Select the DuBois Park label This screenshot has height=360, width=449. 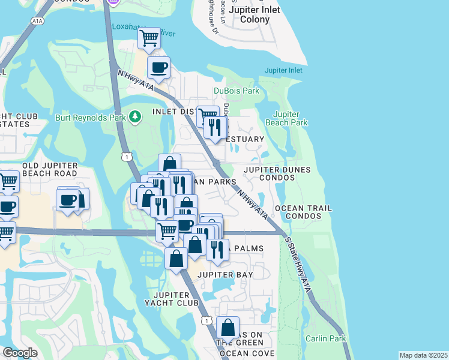(237, 91)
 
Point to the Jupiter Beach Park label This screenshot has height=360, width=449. (290, 118)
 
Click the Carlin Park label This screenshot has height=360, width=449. (325, 338)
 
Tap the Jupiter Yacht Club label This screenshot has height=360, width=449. (176, 299)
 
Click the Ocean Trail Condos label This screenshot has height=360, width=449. (303, 212)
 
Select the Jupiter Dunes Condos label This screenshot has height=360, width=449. (277, 174)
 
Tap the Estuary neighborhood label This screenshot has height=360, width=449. (245, 139)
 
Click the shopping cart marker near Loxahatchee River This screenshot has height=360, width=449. (149, 38)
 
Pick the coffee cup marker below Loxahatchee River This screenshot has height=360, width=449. (158, 68)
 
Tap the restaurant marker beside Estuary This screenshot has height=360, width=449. (215, 127)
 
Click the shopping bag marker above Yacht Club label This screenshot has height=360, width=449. (176, 259)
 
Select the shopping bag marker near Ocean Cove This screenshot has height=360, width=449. (228, 328)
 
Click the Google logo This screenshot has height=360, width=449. (19, 353)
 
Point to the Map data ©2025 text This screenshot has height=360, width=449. (423, 355)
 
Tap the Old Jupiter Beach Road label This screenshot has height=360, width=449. (50, 169)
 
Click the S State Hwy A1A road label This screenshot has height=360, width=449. (298, 264)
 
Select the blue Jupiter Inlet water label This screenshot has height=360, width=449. (279, 71)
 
